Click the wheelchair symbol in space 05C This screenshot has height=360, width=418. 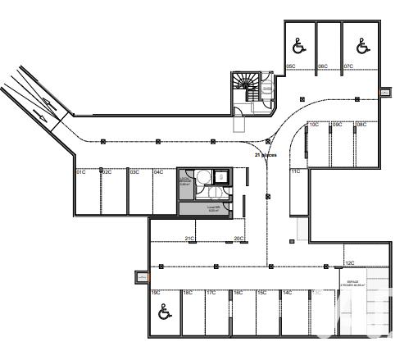pos(298,47)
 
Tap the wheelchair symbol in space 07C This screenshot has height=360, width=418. pos(362,47)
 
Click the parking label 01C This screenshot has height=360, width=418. pos(81,172)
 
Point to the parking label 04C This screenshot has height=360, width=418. pos(158,172)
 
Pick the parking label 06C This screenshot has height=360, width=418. pos(323,66)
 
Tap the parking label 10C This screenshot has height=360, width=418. pos(314,125)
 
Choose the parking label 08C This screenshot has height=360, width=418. pos(361,125)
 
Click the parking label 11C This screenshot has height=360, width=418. pos(296,171)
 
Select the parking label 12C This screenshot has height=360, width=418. pos(349,263)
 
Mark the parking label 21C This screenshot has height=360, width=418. pos(189,239)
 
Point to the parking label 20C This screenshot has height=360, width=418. pos(239,239)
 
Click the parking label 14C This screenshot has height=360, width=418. pos(288,293)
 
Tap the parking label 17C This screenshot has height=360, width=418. pos(211,293)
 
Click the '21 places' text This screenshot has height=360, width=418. pos(266,154)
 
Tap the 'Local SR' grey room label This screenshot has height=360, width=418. pos(189,209)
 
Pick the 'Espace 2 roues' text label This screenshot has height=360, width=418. pos(352,283)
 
